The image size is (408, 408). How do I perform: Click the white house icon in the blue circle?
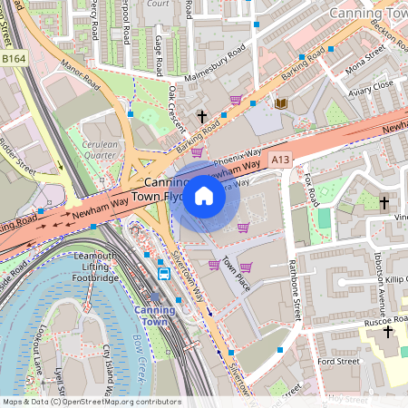click(204, 196)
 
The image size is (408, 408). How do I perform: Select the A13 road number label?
click(280, 159)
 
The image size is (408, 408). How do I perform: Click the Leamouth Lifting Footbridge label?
click(89, 268)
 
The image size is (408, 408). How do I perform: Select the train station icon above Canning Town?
click(164, 273)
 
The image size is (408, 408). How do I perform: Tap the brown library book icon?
click(280, 104)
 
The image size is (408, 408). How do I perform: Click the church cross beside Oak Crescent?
click(202, 116)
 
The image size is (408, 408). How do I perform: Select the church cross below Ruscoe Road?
click(388, 331)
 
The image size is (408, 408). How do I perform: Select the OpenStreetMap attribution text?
click(91, 402)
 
